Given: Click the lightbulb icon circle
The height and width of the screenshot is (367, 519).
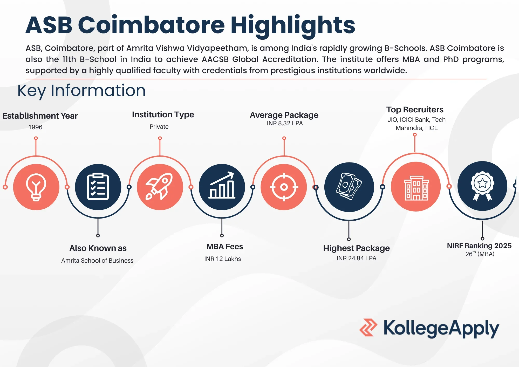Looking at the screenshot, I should (x=36, y=187).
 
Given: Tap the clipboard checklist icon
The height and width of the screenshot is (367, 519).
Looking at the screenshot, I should (x=98, y=187).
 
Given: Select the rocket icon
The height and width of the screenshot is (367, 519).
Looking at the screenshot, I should (x=160, y=187).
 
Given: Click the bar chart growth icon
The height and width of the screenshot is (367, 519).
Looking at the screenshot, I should (x=222, y=187).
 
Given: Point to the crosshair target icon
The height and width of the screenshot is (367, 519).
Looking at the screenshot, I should (x=284, y=187).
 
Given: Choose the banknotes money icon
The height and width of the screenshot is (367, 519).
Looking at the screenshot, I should (x=349, y=187).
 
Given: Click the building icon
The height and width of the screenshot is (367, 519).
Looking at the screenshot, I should (x=416, y=187).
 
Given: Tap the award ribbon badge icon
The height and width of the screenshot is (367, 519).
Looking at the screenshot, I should (x=482, y=186).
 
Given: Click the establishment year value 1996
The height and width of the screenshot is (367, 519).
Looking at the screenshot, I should (x=35, y=127).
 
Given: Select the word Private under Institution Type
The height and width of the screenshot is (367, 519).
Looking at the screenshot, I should (x=159, y=127).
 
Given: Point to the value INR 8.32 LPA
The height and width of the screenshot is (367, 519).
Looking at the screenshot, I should (x=285, y=123).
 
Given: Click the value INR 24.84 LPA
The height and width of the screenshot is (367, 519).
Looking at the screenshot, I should (x=356, y=258).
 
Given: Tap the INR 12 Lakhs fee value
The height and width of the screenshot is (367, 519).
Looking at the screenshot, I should (x=222, y=259).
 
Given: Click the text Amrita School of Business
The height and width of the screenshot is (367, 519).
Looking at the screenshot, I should (x=97, y=261).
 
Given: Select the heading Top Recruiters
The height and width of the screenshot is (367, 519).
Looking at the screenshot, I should (x=415, y=110).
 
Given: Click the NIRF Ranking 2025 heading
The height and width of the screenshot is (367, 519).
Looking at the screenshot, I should (x=479, y=246).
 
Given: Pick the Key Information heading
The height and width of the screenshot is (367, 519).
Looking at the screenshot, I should (x=81, y=91).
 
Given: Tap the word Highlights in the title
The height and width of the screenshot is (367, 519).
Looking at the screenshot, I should (x=293, y=25).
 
